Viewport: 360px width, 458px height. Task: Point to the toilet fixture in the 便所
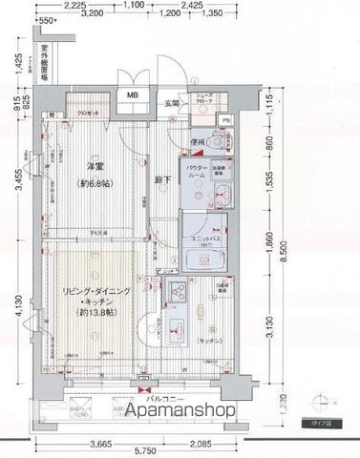tap(217, 139)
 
